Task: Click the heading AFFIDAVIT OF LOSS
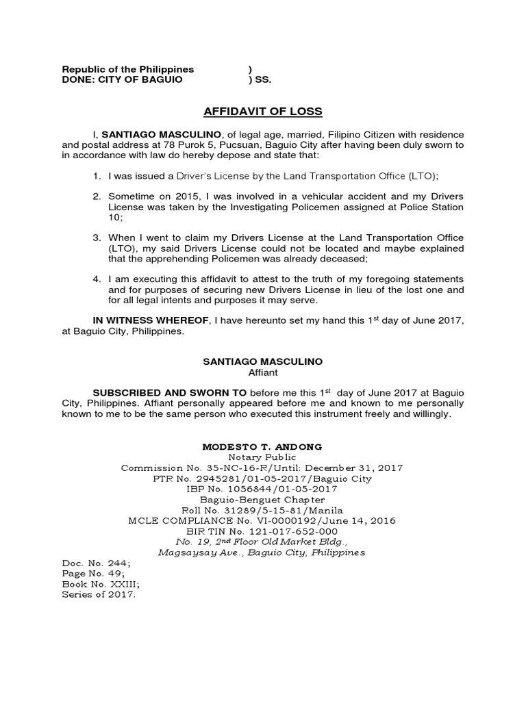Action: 263,112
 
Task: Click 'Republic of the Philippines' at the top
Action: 128,69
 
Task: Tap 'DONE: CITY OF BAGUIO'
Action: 123,79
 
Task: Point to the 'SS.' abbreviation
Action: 263,79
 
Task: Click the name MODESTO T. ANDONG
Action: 262,446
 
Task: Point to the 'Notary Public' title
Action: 262,457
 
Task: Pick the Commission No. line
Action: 262,468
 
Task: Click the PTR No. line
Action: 262,479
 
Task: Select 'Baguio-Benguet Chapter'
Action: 262,500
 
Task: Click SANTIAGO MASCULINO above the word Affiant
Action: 262,361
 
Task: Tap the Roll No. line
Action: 262,510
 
